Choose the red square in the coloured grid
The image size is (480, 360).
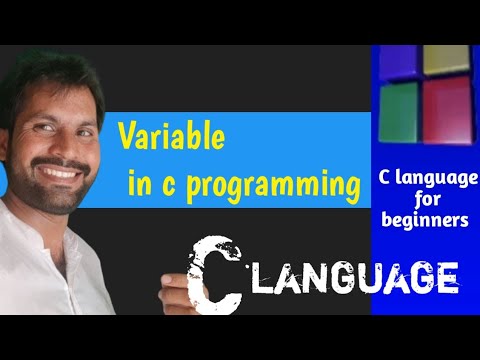(x=445, y=108)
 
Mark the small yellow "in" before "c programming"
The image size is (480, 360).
(x=141, y=185)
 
